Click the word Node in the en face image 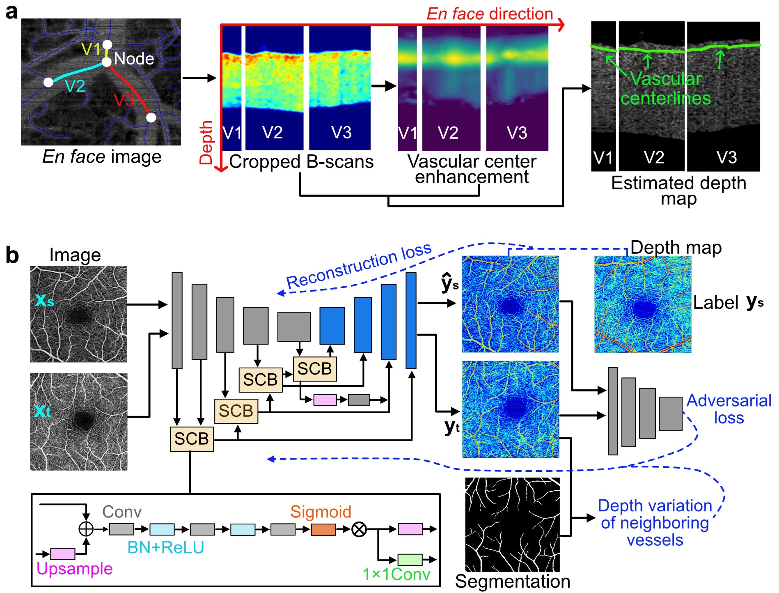(134, 59)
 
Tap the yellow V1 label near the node (91, 49)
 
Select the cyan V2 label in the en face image (75, 86)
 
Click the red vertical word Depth (206, 143)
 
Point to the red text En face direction (490, 14)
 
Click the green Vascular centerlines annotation (665, 89)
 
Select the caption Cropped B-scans (301, 162)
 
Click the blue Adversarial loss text (729, 409)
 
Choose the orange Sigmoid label (321, 512)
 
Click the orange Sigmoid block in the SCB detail (323, 530)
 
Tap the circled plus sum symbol (86, 529)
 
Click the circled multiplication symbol (359, 530)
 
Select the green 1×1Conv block (410, 559)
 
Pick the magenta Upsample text (74, 569)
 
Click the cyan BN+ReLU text (165, 547)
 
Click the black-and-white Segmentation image (512, 524)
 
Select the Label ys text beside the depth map (728, 303)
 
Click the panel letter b (12, 255)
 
